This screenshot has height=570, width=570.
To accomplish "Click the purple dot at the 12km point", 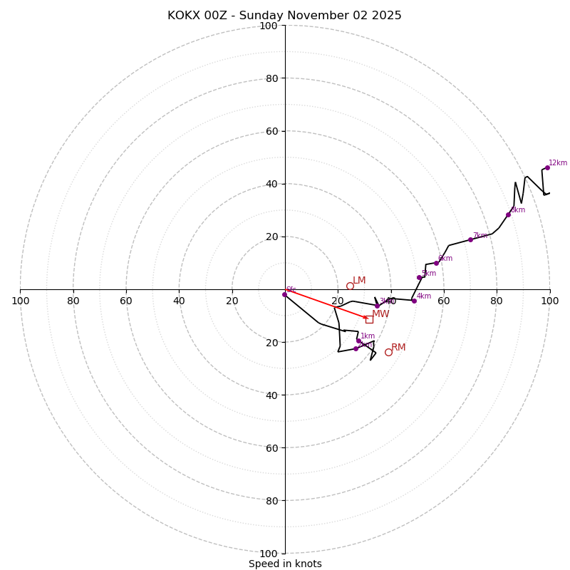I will click(547, 167).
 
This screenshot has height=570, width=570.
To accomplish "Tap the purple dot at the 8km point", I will click(508, 214).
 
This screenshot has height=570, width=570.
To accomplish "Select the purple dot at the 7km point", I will click(470, 239).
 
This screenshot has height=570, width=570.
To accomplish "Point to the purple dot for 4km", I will click(413, 301).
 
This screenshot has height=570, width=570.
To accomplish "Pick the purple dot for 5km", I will click(419, 277).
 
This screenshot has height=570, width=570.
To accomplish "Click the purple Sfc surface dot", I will click(284, 294).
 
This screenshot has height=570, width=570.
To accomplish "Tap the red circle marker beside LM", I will click(350, 286).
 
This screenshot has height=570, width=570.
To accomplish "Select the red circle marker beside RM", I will click(388, 352).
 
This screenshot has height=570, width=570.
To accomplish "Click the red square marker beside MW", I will click(369, 319).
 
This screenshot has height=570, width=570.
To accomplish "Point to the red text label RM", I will click(398, 348).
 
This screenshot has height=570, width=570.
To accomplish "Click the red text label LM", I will click(359, 281).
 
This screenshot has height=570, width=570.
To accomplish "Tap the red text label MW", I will click(380, 314).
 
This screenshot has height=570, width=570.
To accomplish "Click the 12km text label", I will click(558, 163).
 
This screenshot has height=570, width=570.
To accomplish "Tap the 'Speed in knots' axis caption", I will click(285, 564).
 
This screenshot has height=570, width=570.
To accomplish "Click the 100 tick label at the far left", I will click(20, 301).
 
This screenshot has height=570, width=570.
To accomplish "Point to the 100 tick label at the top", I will click(269, 26).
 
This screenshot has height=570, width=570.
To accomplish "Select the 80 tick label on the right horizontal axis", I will click(497, 301).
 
